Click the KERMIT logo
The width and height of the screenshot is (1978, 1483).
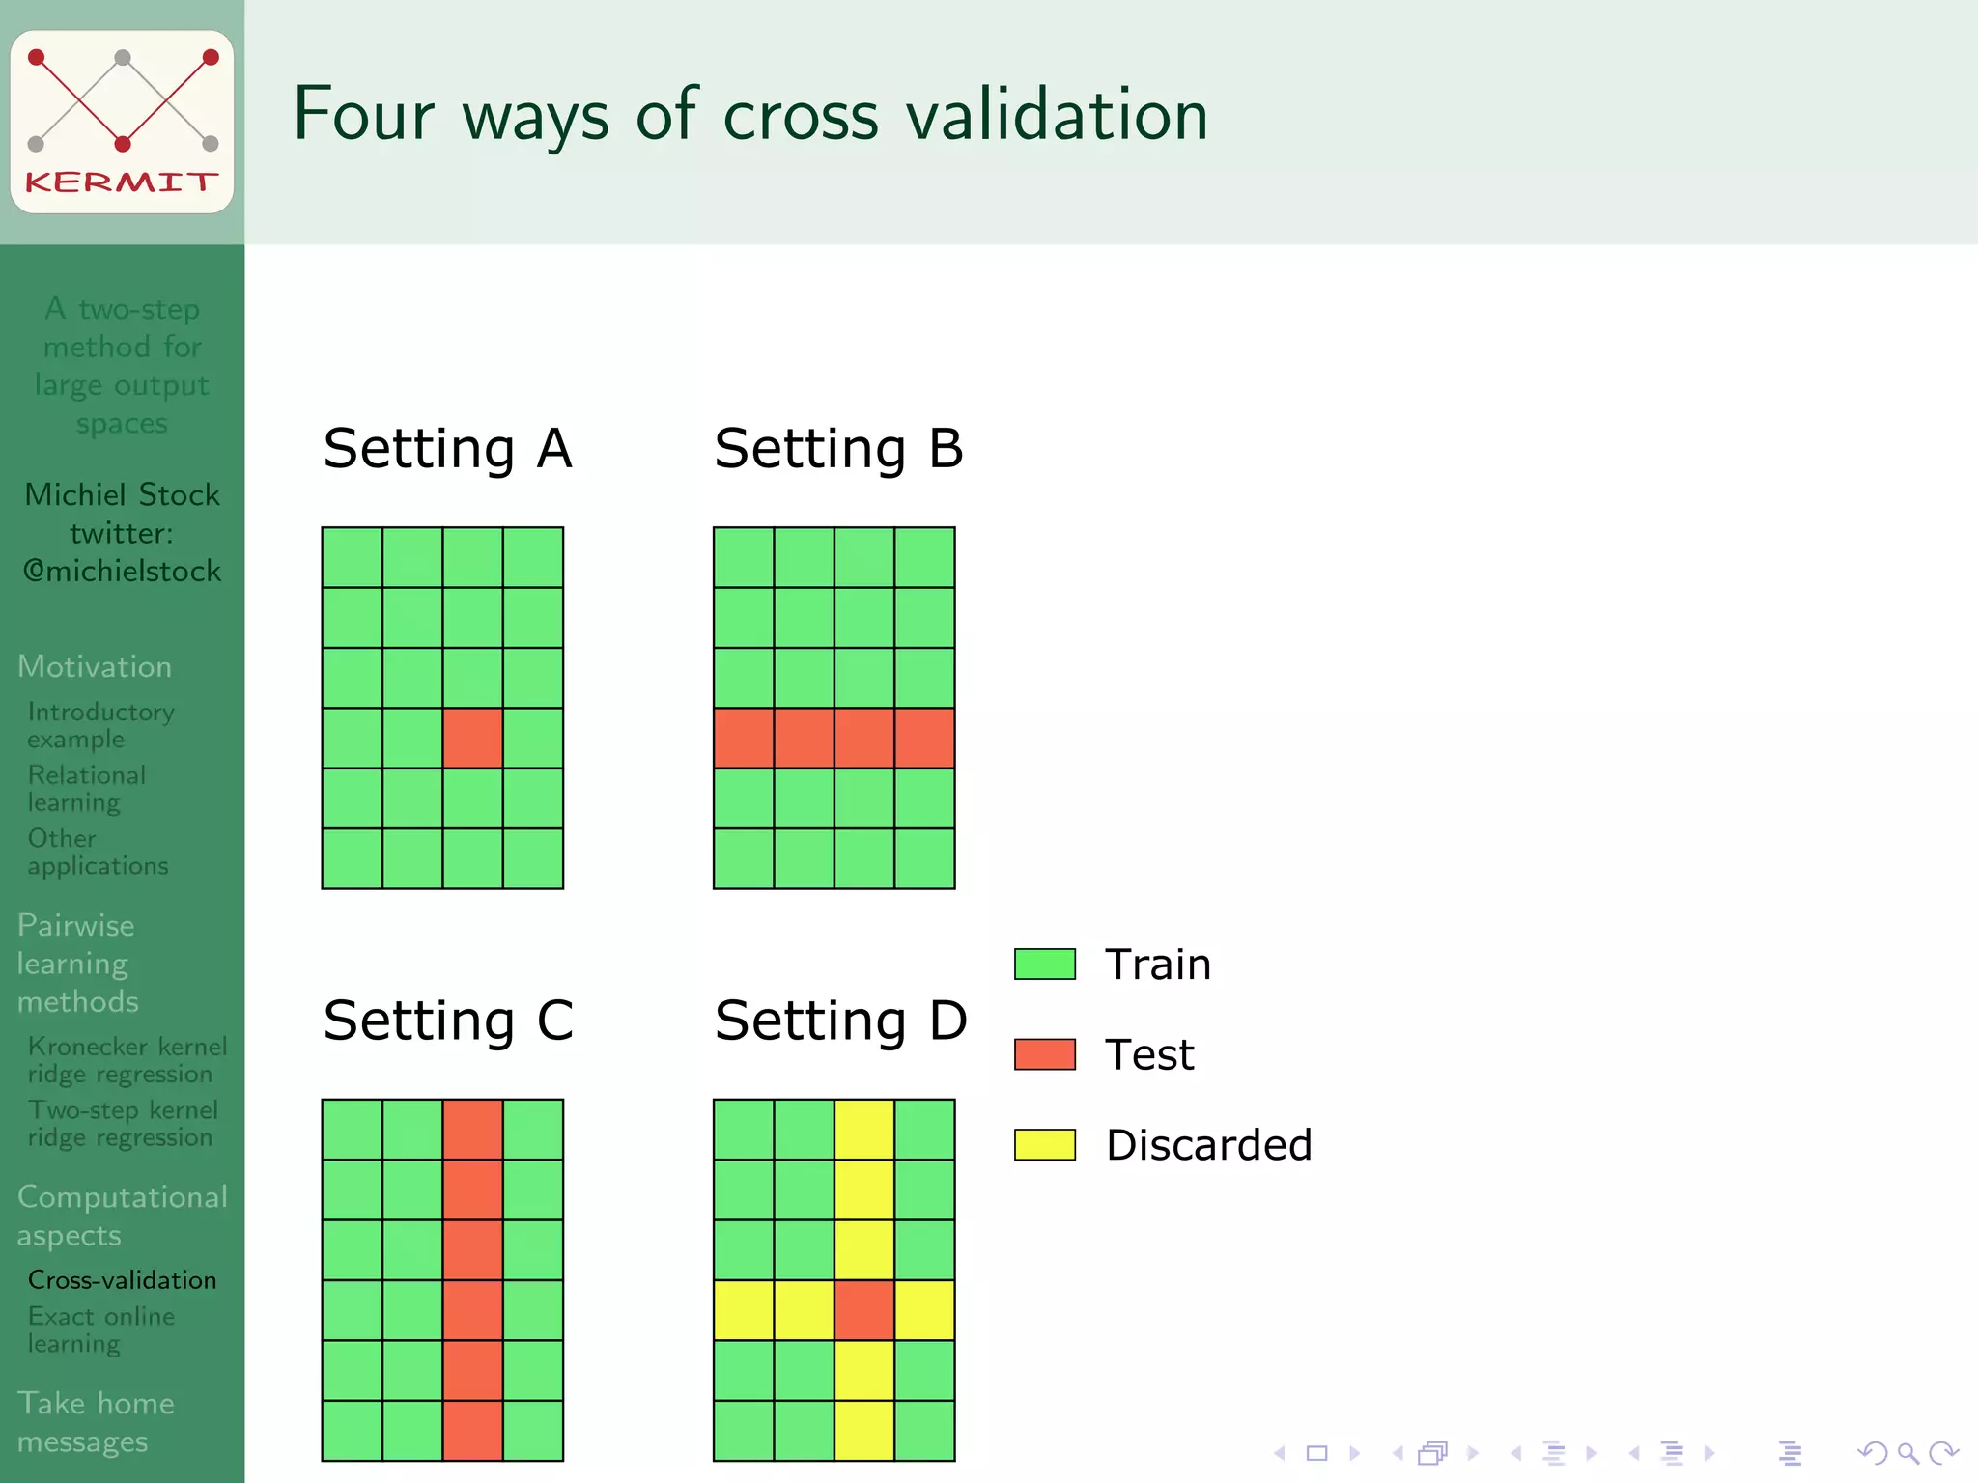[x=122, y=121]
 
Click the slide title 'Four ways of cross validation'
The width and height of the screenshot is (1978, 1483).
[x=750, y=115]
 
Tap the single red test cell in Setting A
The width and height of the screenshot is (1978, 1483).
[x=472, y=738]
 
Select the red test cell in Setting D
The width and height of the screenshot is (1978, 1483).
[x=863, y=1310]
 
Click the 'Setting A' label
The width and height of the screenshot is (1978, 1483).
[x=447, y=449]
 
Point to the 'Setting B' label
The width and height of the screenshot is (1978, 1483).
[x=838, y=449]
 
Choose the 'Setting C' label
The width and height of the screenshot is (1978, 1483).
[x=448, y=1021]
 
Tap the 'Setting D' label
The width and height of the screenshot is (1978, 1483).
[x=840, y=1021]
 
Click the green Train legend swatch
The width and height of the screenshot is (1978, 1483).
[x=1044, y=964]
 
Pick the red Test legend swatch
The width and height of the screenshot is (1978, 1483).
[x=1044, y=1054]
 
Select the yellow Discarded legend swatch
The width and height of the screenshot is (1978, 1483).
[x=1044, y=1144]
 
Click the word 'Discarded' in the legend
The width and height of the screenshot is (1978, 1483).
[x=1208, y=1145]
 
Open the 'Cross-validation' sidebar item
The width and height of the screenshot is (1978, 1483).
[x=122, y=1280]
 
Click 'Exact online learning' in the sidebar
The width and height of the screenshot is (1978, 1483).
[x=100, y=1329]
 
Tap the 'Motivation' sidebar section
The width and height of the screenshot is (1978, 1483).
[x=95, y=666]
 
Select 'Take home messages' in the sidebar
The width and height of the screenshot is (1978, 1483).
[x=96, y=1421]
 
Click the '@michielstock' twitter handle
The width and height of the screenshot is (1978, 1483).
[x=123, y=572]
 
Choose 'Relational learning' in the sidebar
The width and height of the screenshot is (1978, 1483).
[x=86, y=788]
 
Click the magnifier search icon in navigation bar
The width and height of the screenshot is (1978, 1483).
[x=1907, y=1453]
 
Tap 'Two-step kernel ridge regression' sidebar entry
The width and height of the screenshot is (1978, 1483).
[x=123, y=1124]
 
